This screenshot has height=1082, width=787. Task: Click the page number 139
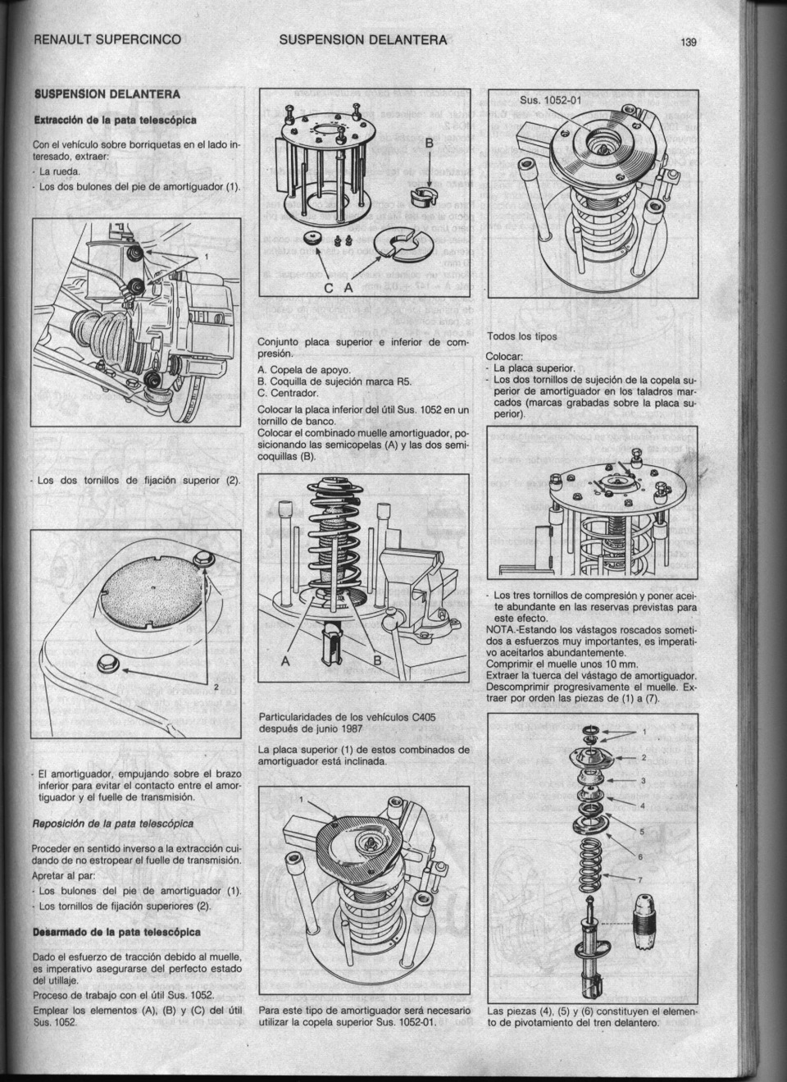(687, 43)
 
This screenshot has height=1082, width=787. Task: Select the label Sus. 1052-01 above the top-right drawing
(551, 101)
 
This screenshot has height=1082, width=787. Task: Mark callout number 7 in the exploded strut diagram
(642, 881)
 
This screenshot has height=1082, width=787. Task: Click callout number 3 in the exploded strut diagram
(644, 780)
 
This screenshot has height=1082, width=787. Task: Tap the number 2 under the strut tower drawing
(216, 687)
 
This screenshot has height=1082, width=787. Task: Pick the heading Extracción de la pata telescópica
(115, 120)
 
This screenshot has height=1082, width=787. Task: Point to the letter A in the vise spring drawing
(285, 661)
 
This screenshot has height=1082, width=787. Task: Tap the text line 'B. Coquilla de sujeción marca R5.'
(334, 381)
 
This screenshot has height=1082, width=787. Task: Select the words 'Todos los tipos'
(521, 336)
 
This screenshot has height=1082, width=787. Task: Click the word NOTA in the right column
(500, 629)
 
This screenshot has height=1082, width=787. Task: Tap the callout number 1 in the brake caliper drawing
(207, 258)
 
